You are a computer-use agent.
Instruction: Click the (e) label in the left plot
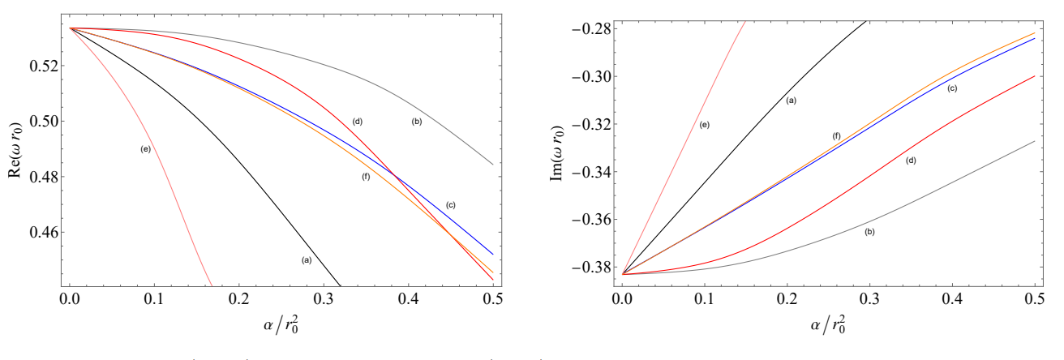147,149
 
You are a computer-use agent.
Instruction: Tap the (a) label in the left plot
306,260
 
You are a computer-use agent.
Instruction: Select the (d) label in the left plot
357,122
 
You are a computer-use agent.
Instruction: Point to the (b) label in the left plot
417,122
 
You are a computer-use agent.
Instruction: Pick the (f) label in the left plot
366,177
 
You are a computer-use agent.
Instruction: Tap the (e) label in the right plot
705,125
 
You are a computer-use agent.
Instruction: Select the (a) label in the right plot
791,100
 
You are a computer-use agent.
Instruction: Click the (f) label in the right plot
837,135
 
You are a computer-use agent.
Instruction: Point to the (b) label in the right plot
869,232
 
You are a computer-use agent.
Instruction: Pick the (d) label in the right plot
910,161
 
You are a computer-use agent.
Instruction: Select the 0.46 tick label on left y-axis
41,233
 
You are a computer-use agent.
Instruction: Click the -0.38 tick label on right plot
591,267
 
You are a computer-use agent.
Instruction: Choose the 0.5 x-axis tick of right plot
1034,299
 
